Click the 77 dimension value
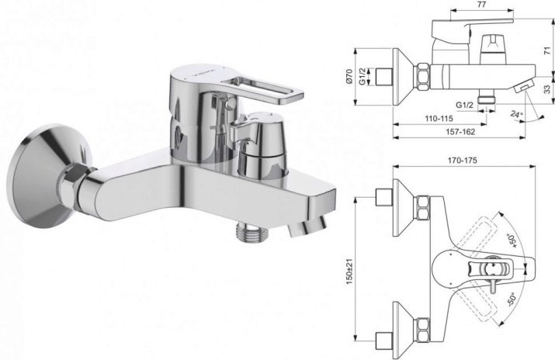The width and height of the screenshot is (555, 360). tap(481, 4)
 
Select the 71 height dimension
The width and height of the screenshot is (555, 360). tap(548, 50)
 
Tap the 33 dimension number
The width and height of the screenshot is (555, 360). tap(548, 89)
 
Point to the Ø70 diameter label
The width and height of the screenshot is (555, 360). tap(349, 76)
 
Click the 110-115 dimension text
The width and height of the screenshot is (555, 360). tap(439, 119)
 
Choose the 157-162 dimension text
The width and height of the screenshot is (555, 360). tap(460, 132)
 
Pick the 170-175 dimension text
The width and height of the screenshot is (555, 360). tap(463, 160)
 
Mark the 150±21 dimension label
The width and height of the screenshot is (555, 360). tap(349, 272)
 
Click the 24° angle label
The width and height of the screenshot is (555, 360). tap(516, 115)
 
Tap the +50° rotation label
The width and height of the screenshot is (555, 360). tap(512, 241)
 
